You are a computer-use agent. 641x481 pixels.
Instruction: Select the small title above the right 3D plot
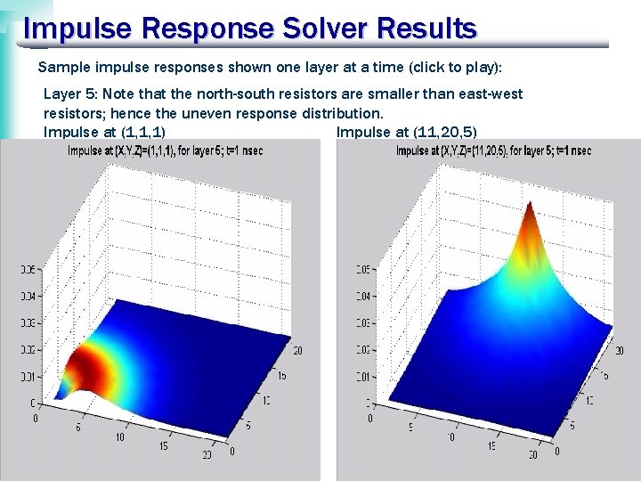point(493,151)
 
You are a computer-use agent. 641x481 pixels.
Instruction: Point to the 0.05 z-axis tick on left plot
point(26,268)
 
